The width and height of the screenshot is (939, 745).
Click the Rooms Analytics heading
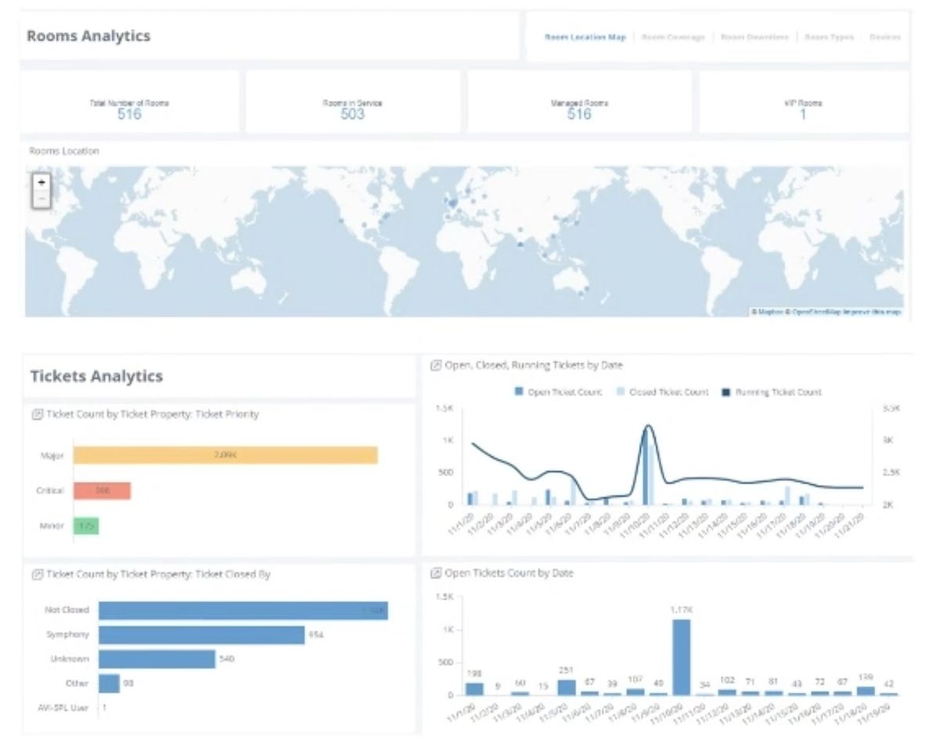click(x=88, y=36)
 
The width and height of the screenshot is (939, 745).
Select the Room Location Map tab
click(x=585, y=37)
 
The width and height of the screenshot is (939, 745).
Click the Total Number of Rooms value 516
click(x=129, y=114)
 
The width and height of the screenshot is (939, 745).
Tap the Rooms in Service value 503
click(x=352, y=114)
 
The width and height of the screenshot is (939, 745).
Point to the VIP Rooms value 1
click(x=803, y=114)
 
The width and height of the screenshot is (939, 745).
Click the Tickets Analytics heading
click(x=96, y=376)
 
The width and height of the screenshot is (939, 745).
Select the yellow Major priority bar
click(x=225, y=455)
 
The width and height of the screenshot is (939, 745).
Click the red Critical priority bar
click(x=103, y=491)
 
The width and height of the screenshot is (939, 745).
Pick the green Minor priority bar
click(x=86, y=526)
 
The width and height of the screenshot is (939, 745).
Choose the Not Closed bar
click(x=243, y=610)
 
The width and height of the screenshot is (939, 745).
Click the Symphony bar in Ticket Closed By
click(x=201, y=635)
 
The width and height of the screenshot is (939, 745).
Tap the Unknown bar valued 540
click(x=156, y=659)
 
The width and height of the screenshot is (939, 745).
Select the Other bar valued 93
click(x=109, y=684)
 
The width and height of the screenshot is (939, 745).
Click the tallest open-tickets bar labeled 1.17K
click(x=682, y=657)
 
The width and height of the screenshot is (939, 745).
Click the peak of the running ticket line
click(x=648, y=426)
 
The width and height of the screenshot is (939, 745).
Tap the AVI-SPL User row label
click(x=68, y=708)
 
